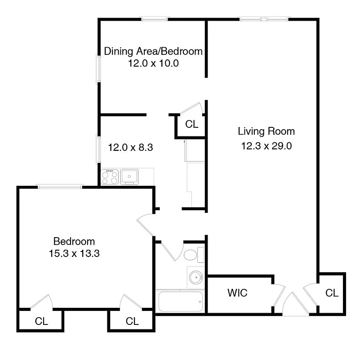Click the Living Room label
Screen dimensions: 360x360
tap(266, 131)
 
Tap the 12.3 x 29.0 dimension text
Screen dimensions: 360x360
tap(266, 146)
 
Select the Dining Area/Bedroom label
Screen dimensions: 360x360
tap(153, 51)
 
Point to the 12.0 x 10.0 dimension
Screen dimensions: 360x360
tap(154, 63)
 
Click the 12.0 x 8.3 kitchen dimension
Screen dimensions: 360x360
tap(131, 147)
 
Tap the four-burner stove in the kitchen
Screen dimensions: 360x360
tap(110, 177)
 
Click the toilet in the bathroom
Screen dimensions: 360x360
tap(192, 254)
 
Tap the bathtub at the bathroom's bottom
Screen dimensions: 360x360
tap(180, 301)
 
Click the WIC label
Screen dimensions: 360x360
tap(237, 293)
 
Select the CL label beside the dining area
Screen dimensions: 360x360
tap(192, 124)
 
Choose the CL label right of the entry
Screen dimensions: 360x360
tap(332, 293)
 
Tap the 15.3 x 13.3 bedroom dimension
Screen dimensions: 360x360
tap(74, 253)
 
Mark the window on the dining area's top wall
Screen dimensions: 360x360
tap(155, 19)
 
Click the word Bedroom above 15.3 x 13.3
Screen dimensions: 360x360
tap(74, 241)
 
